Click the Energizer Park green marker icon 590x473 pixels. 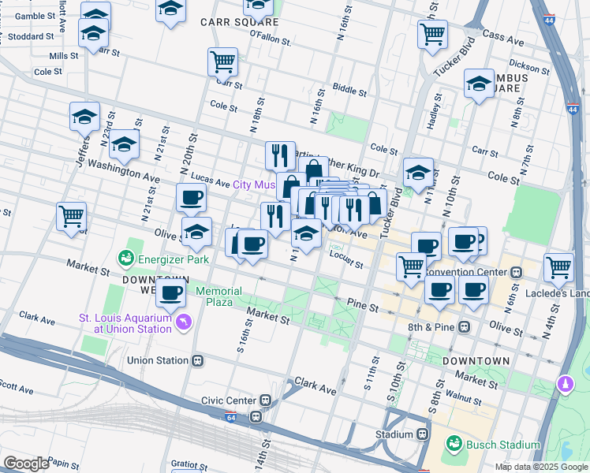coord(125,258)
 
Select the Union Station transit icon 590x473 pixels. coord(197,360)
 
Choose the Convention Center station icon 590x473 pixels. coord(517,272)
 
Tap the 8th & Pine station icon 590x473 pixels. coord(465,326)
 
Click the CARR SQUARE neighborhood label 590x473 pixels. coord(230,22)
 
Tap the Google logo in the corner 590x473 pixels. coord(25,463)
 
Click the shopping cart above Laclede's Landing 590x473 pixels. coord(558,266)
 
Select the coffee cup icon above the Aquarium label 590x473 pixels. coord(170,293)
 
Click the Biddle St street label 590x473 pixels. coord(349,88)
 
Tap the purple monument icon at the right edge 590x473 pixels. coord(565,384)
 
